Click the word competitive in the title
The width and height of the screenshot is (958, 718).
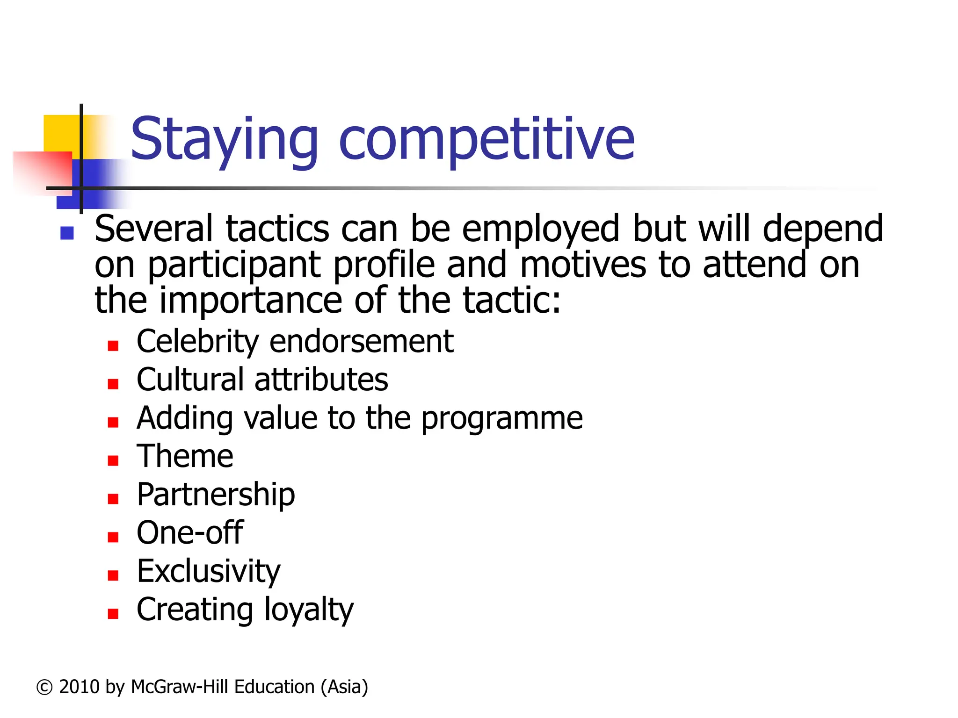(x=486, y=140)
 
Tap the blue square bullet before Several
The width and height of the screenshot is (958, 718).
(x=67, y=233)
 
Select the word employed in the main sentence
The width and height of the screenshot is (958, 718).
(x=541, y=229)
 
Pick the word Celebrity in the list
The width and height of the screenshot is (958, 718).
(x=197, y=341)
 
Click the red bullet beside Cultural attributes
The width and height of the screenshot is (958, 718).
(x=113, y=384)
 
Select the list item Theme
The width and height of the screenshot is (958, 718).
(x=185, y=456)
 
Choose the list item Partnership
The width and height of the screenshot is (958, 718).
(x=216, y=495)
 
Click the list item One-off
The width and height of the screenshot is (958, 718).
(x=190, y=533)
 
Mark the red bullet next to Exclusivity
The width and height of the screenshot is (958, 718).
(x=113, y=575)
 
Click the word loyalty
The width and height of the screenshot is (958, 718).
(x=309, y=610)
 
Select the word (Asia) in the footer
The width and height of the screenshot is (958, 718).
(x=344, y=687)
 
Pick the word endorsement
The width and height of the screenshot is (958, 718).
(x=362, y=341)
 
